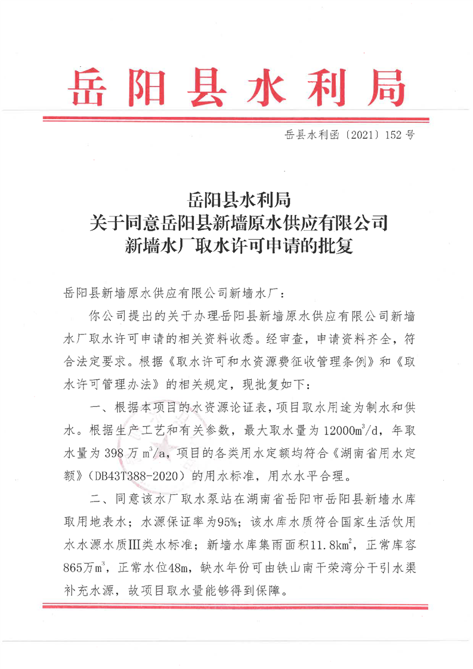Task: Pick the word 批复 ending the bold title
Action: pos(336,246)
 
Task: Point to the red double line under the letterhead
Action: pos(236,120)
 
